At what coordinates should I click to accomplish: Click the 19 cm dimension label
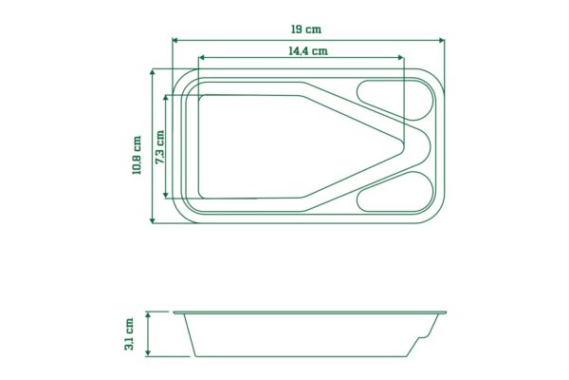(306, 29)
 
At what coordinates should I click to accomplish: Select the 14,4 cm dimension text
(308, 51)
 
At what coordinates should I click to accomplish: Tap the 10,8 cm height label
(137, 155)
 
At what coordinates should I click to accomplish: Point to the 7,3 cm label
(159, 147)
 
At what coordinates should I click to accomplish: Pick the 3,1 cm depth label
(129, 333)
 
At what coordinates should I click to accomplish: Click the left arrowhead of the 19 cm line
(174, 40)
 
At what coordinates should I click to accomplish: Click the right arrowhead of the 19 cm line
(442, 40)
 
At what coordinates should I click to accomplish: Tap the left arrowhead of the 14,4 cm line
(201, 57)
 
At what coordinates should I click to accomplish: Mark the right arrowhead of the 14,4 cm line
(401, 57)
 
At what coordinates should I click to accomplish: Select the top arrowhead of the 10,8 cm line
(153, 72)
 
